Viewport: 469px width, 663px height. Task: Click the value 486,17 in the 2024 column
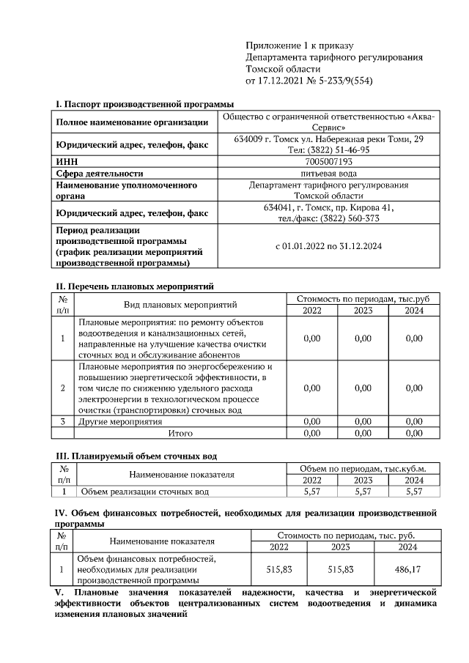(407, 568)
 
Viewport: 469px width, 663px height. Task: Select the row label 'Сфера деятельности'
(99, 174)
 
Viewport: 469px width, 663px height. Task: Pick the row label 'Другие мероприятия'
(120, 422)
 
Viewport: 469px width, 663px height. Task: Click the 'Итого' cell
(180, 433)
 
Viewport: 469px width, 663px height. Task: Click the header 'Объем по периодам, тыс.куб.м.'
(363, 468)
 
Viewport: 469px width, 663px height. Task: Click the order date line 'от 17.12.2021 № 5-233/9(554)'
(309, 80)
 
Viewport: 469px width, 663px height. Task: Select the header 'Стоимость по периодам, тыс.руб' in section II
(363, 299)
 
